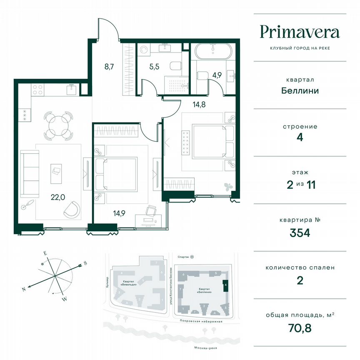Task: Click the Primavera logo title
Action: (x=300, y=32)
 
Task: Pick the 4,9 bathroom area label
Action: (x=217, y=76)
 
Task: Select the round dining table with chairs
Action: (x=57, y=125)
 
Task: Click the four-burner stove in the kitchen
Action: (x=38, y=90)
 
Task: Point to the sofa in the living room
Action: (x=30, y=174)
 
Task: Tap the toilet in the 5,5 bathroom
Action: (x=175, y=65)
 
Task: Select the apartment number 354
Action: (x=300, y=232)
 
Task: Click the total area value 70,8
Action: (x=300, y=327)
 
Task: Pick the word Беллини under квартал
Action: (x=300, y=90)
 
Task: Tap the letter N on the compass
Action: (x=25, y=289)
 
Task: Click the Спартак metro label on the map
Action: (x=183, y=257)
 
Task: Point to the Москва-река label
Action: (x=200, y=348)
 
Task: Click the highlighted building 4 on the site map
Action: (x=225, y=286)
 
